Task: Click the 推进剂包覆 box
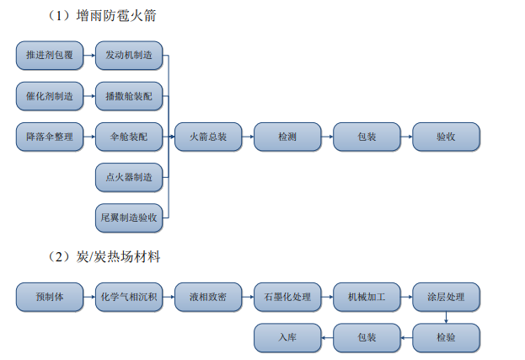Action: click(50, 56)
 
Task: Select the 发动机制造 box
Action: click(129, 56)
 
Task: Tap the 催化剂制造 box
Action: click(50, 96)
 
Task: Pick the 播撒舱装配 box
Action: click(129, 96)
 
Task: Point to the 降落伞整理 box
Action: click(50, 137)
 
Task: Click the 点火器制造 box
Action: click(129, 177)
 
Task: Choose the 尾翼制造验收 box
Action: click(129, 218)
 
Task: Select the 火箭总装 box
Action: click(208, 137)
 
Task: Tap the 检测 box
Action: click(287, 137)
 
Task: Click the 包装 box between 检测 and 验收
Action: click(367, 137)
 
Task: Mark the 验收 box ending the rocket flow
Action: click(446, 137)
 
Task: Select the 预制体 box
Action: click(50, 297)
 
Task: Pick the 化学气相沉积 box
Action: click(129, 297)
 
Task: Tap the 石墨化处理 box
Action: click(287, 297)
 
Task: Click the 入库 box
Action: click(287, 338)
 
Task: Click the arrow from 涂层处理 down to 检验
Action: click(446, 318)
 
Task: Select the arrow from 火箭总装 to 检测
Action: click(248, 137)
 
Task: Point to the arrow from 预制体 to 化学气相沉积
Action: click(89, 297)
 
